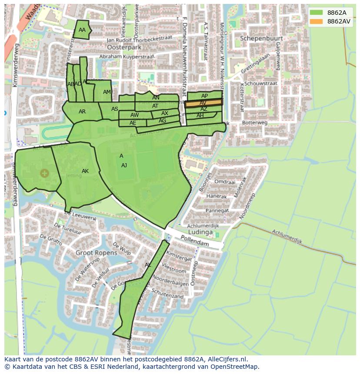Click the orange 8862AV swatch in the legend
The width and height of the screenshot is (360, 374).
[x=317, y=21]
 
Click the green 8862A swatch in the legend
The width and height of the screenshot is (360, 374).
[x=317, y=13]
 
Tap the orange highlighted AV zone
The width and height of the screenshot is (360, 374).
[x=203, y=103]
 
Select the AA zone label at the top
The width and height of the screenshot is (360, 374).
[x=82, y=30]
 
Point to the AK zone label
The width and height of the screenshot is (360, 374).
[x=85, y=171]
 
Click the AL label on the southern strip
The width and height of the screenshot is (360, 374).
[x=148, y=265]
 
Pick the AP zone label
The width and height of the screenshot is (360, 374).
[x=204, y=96]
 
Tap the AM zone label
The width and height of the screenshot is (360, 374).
[x=107, y=92]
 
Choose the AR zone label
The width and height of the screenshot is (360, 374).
[x=82, y=112]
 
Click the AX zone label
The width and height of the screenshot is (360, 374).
[x=164, y=113]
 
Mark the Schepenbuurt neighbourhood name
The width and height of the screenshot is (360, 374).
[x=261, y=38]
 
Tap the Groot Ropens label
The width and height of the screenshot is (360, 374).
[x=97, y=252]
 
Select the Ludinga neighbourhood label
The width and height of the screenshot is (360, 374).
[x=200, y=232]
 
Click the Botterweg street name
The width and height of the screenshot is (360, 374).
[x=255, y=123]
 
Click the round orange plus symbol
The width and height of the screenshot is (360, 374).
[x=44, y=173]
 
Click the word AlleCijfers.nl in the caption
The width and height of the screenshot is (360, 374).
[x=226, y=360]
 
